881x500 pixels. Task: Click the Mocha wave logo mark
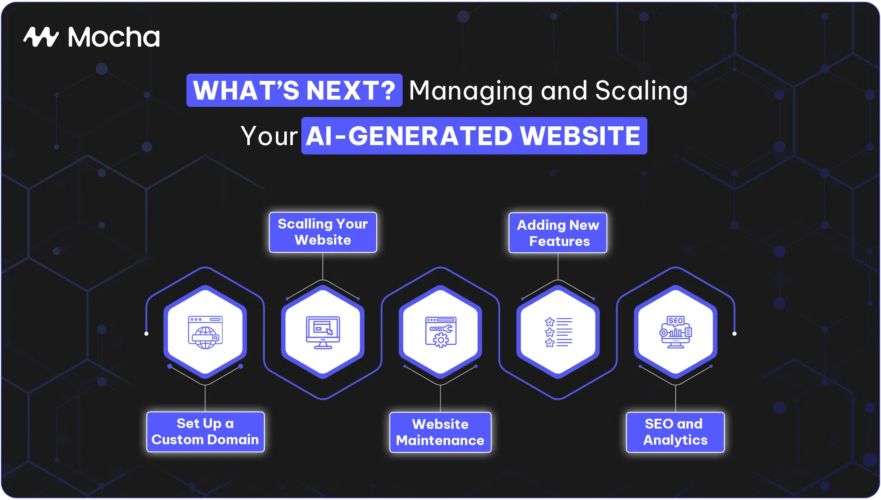coord(41,37)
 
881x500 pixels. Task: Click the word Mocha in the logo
coord(114,37)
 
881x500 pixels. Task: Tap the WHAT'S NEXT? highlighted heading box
coord(294,90)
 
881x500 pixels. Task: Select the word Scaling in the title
coord(641,91)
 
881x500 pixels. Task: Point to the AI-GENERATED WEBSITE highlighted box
coord(474,136)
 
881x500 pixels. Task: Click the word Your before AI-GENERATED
coord(269,136)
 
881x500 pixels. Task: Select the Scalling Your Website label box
coord(323,232)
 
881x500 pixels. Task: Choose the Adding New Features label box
coord(558,233)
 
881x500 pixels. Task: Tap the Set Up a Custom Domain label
coord(206,432)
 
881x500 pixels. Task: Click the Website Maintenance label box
coord(440,432)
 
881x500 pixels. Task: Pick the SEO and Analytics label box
coord(675,432)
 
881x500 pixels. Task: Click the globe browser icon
coord(206,332)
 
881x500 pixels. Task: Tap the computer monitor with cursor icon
coord(323,332)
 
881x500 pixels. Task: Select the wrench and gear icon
coord(440,332)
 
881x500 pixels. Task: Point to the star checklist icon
coord(558,332)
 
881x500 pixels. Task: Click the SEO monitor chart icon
coord(676,332)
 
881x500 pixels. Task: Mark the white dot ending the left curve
coord(146,334)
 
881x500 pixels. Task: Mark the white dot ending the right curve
coord(735,334)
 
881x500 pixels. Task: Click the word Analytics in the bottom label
coord(675,440)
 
